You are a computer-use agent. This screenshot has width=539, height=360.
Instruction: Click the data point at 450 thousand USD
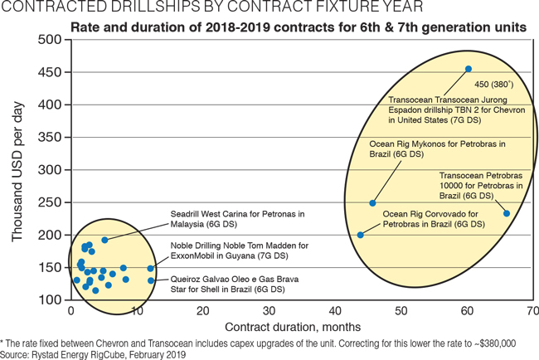pos(469,69)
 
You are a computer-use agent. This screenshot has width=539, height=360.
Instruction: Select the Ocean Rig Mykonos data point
pos(372,203)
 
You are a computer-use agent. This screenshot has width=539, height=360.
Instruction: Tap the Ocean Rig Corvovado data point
pos(361,235)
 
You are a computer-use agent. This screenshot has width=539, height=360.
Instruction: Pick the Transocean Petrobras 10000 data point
pos(507,214)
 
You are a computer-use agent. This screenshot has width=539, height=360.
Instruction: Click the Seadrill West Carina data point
pos(104,240)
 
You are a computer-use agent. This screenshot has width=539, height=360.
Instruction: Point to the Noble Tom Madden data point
pos(150,269)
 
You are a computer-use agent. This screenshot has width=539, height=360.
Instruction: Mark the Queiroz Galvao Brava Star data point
pos(151,280)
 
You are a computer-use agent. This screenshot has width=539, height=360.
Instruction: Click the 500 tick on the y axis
pos(51,40)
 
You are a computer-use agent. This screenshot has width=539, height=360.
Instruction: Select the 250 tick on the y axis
pos(51,202)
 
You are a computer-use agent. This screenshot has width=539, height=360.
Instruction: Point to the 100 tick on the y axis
pos(51,300)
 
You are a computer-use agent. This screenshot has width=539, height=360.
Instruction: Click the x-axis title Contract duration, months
pos(300,328)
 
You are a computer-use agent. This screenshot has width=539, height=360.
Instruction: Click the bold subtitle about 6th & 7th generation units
pos(299,27)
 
